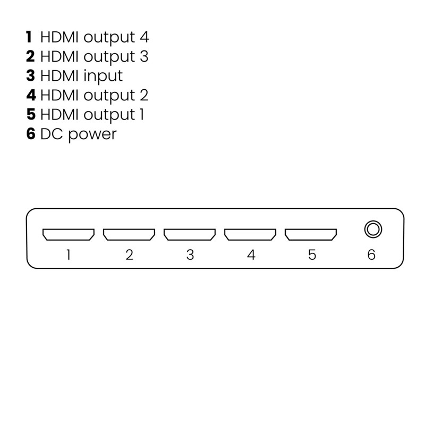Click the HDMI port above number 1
[x=69, y=234]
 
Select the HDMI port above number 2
[x=129, y=234]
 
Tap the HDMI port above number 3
[x=190, y=234]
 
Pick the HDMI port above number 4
[x=250, y=234]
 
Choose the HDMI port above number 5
[x=311, y=234]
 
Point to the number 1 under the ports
[x=69, y=255]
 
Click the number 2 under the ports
[x=129, y=255]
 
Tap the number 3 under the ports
[x=190, y=255]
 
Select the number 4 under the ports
[x=251, y=255]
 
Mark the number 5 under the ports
[x=312, y=255]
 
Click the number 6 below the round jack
[x=371, y=255]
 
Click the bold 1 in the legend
[x=29, y=37]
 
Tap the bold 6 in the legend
[x=31, y=134]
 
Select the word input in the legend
[x=103, y=76]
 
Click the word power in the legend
[x=92, y=135]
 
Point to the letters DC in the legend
[x=52, y=134]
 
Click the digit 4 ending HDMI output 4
[x=144, y=37]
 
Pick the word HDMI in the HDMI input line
[x=59, y=75]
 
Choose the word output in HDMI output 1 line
[x=109, y=115]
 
